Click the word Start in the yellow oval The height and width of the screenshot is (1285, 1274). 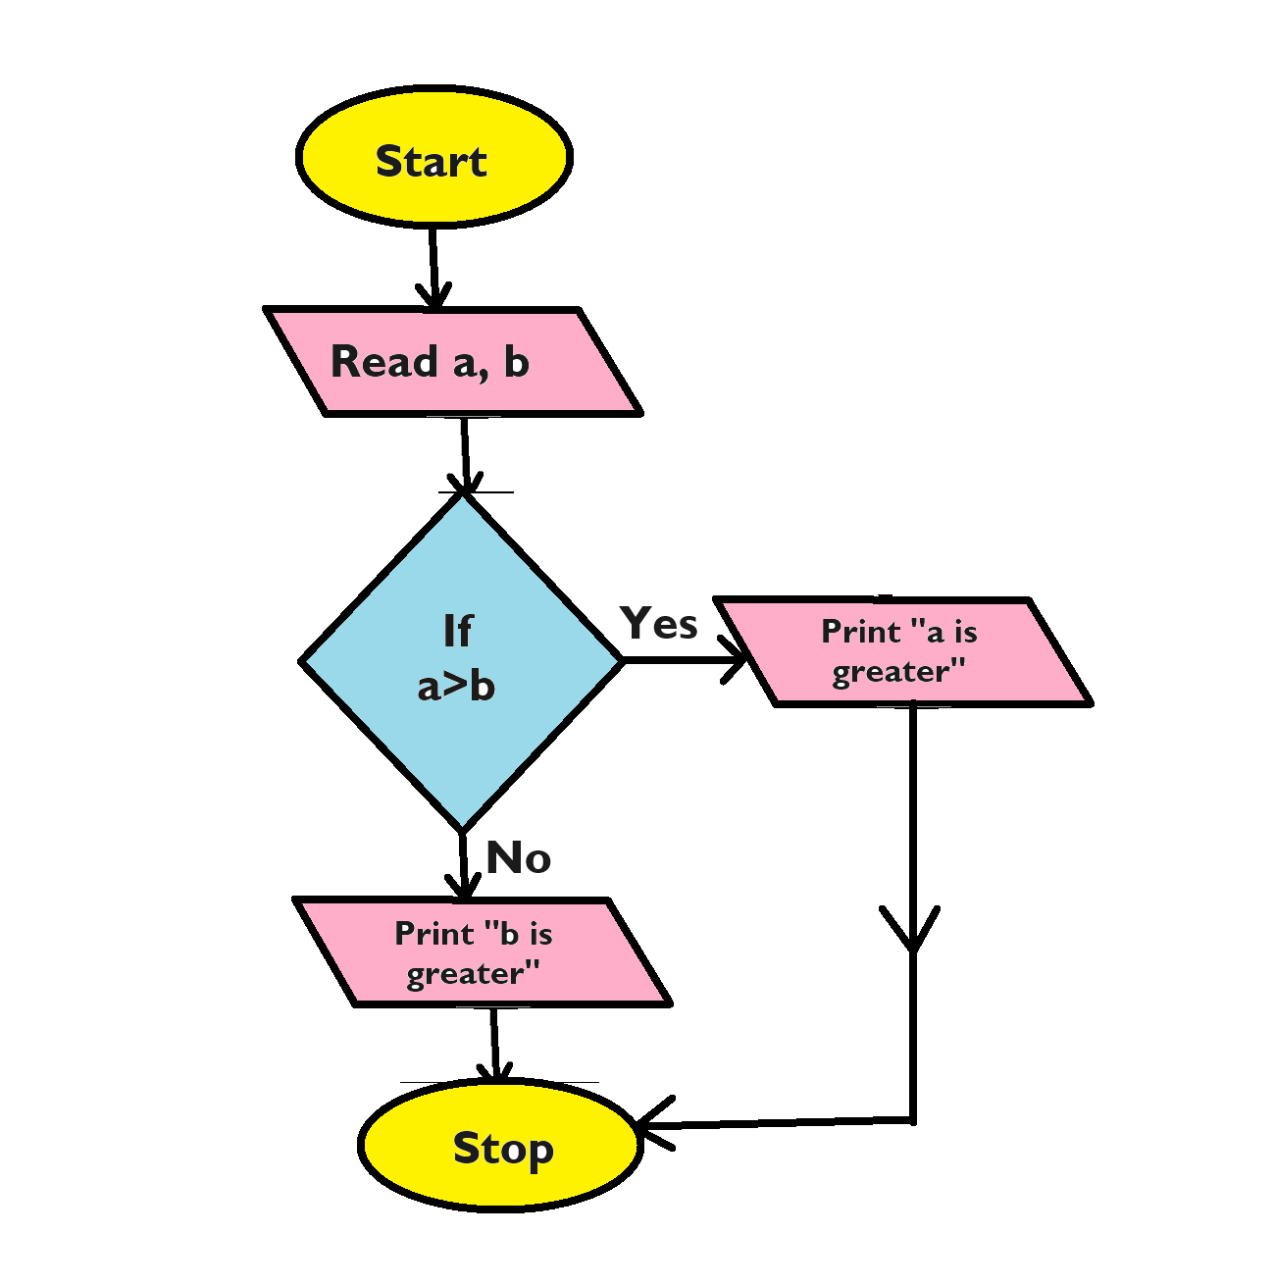point(432,162)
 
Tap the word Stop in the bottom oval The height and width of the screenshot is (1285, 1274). point(503,1148)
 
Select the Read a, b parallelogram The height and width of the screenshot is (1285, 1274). point(452,362)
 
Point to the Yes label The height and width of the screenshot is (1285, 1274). point(659,624)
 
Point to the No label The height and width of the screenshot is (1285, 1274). point(518,858)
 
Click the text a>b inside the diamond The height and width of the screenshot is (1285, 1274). point(456,686)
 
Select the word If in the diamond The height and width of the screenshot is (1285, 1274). point(457,632)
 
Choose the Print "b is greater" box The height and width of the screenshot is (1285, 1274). point(481,952)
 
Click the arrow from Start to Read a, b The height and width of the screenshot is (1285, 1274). point(432,260)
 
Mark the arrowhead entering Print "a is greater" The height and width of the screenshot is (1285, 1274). point(736,660)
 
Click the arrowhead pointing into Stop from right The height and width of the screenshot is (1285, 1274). point(652,1125)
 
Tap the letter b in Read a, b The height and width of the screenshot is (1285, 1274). point(516,362)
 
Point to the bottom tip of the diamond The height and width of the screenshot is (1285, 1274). point(462,829)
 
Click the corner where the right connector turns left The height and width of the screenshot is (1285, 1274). point(912,1119)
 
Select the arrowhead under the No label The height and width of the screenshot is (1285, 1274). point(463,886)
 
